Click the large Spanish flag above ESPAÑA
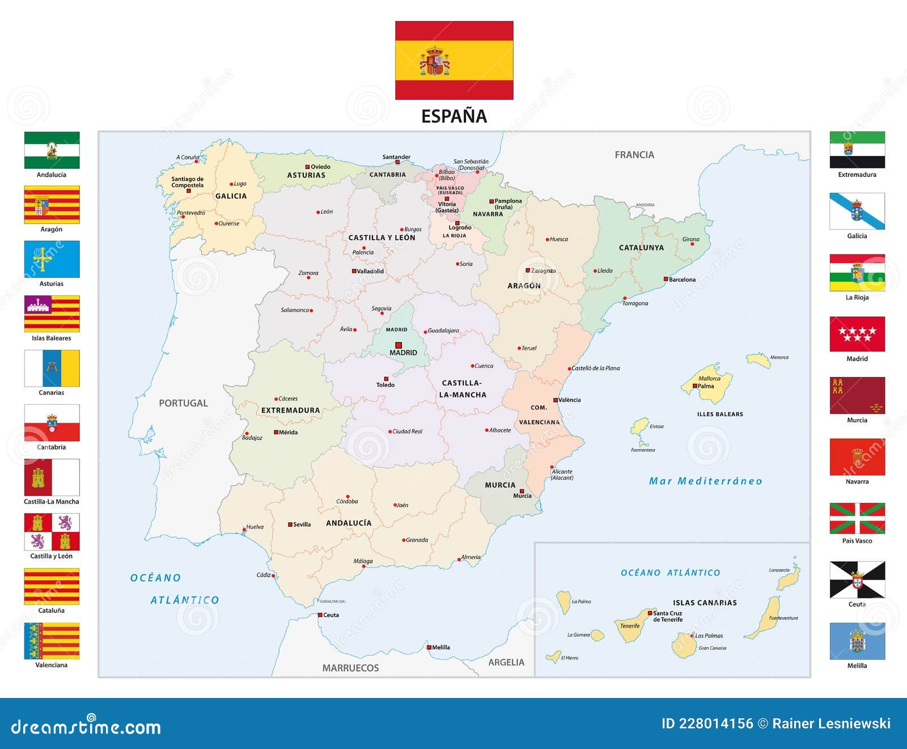454,61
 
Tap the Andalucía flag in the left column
52,150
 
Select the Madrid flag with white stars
857,335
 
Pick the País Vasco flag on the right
857,518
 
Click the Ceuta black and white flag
857,579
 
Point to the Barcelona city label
682,280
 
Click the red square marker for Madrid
399,345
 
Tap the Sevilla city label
302,524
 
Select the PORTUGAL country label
183,403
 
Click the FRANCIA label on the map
634,155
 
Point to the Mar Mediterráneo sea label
705,481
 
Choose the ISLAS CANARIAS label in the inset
705,603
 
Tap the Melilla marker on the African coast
429,647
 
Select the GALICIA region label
231,196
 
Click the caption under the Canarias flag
52,392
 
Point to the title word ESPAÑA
454,116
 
